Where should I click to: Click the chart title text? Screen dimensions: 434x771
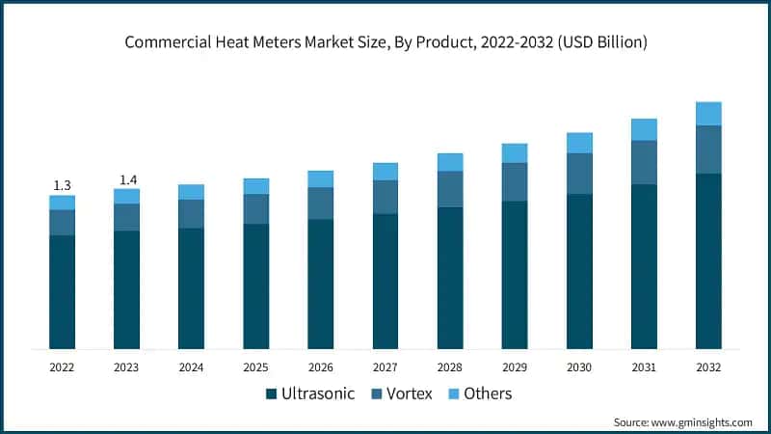(385, 43)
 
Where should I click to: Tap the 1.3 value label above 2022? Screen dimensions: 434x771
(62, 184)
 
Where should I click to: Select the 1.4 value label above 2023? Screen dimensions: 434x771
(126, 179)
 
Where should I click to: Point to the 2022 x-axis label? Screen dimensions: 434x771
(62, 366)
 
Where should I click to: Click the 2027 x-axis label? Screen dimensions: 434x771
(385, 366)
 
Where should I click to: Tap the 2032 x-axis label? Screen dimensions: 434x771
(708, 366)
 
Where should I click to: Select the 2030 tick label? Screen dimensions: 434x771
(579, 366)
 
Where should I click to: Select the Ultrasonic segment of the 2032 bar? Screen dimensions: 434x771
(708, 260)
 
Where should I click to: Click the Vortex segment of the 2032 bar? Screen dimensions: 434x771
(708, 149)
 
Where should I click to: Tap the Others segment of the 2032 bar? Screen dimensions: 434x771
(708, 114)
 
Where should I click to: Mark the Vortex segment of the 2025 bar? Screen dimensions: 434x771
(256, 209)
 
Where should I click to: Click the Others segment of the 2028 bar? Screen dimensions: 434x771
(450, 162)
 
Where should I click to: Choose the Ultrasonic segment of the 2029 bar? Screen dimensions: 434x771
(515, 275)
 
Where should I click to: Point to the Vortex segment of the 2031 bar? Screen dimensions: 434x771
(644, 162)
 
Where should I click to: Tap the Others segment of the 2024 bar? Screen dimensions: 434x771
(191, 192)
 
